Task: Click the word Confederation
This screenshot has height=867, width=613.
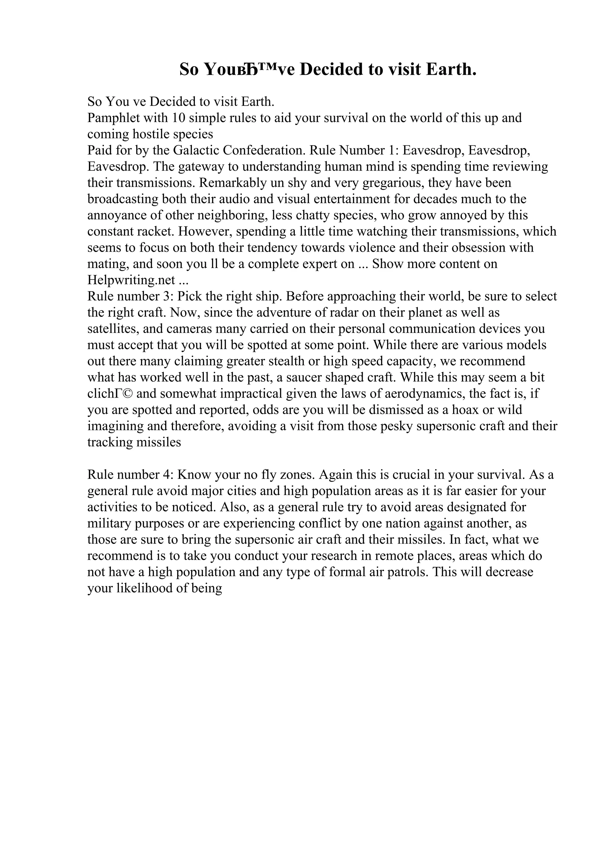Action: coord(264,151)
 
